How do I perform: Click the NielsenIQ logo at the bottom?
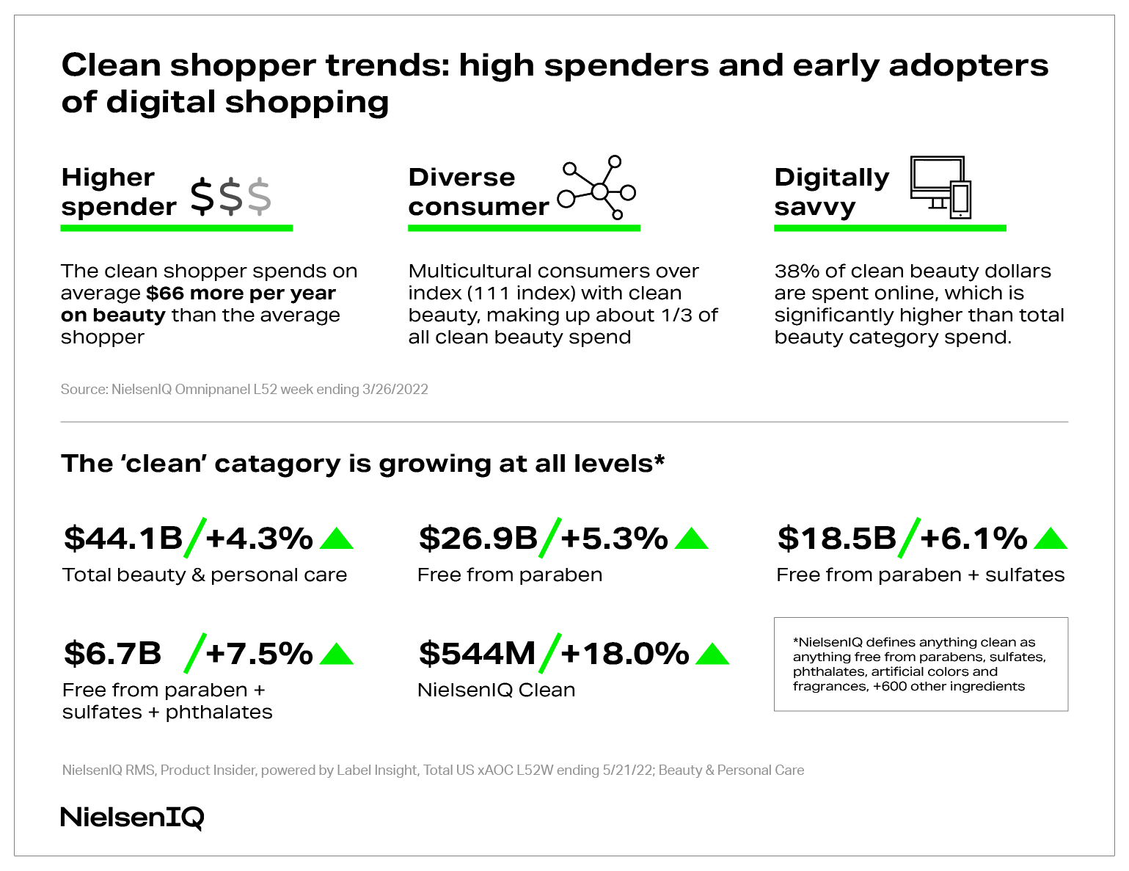pos(132,817)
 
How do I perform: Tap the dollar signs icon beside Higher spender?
pos(230,197)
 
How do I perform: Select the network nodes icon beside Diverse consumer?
pos(597,189)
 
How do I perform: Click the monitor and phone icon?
pos(940,187)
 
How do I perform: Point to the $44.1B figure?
pos(123,538)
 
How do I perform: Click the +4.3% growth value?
pos(260,538)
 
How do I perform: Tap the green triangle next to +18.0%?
pos(712,654)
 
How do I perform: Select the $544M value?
pos(477,653)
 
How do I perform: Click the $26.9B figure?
pos(478,538)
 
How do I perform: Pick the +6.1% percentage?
pos(973,538)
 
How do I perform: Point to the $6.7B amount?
pos(112,653)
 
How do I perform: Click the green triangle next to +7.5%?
pos(337,654)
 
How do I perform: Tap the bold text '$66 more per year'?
pos(241,293)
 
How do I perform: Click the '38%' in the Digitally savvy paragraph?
pos(797,271)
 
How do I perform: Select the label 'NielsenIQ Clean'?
pos(496,690)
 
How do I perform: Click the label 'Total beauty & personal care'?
pos(205,575)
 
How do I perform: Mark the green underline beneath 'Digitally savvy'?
pos(890,228)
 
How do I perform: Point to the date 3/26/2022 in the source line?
pos(395,389)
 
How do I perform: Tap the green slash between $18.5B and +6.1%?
pos(908,538)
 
